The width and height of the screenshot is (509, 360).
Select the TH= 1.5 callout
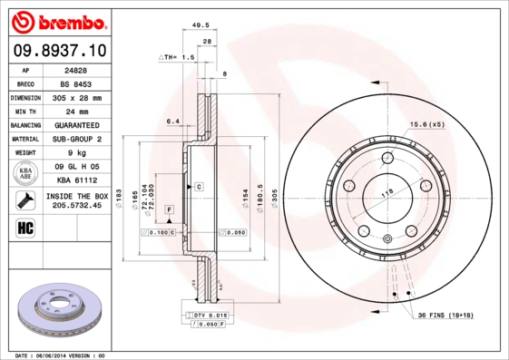point(178,57)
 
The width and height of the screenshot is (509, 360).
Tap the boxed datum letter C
point(198,186)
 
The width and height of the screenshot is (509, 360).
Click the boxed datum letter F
point(168,210)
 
